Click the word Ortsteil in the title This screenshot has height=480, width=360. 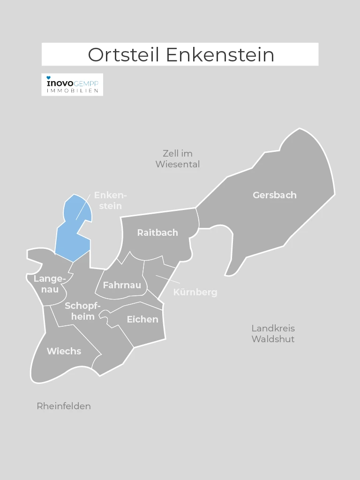(x=124, y=54)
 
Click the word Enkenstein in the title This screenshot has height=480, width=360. (x=220, y=54)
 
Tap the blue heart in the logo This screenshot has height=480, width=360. (x=48, y=77)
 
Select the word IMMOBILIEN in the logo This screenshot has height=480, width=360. (x=72, y=90)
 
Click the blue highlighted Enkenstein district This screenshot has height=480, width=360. (x=70, y=234)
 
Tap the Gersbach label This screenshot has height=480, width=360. (x=275, y=195)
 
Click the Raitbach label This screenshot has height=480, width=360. (x=157, y=232)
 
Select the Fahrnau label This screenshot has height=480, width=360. (x=122, y=285)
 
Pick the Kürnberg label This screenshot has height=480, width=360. (x=195, y=292)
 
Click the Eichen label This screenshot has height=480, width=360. (x=142, y=319)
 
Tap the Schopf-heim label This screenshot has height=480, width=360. (x=82, y=311)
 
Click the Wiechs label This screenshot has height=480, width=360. (x=64, y=351)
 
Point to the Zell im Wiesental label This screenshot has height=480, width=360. (x=178, y=159)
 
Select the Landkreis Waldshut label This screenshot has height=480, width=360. (x=273, y=333)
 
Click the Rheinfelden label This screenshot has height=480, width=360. (x=64, y=406)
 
